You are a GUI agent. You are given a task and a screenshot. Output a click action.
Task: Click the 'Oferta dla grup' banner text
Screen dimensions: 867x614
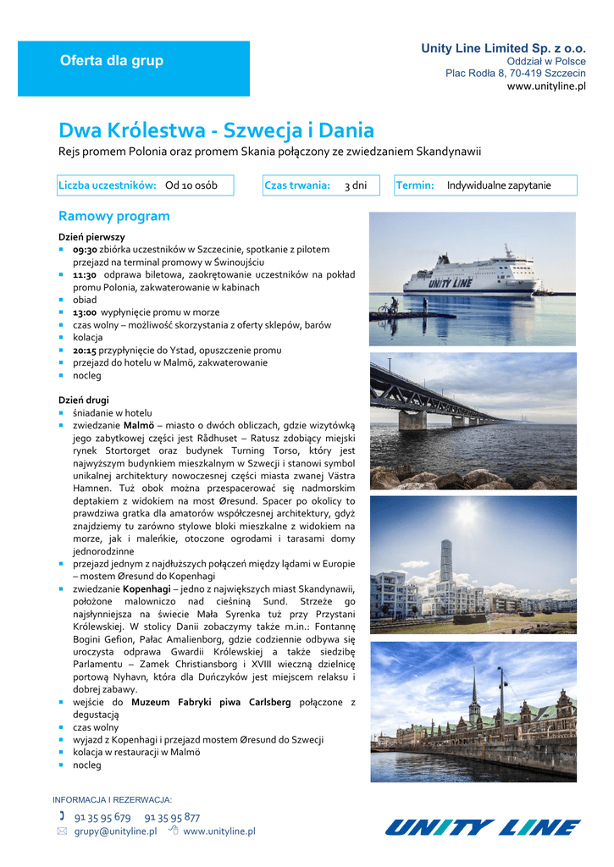111,61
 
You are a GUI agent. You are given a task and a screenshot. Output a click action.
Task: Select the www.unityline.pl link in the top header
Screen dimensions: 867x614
546,86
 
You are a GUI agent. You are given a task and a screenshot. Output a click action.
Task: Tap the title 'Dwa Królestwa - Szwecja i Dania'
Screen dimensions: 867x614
216,130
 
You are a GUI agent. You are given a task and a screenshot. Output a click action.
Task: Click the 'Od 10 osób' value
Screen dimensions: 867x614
191,185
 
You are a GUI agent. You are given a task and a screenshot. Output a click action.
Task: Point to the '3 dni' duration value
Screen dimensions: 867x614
356,185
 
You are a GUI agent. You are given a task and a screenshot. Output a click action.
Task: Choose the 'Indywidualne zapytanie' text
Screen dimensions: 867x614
499,185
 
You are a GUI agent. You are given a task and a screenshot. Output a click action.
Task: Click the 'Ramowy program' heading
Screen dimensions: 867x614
113,216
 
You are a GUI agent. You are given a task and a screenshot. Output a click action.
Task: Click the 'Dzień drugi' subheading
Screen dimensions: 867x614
84,400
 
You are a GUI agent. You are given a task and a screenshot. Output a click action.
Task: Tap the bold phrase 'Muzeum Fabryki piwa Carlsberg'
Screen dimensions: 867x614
211,702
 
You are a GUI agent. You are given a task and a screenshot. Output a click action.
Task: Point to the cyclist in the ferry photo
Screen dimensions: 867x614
392,305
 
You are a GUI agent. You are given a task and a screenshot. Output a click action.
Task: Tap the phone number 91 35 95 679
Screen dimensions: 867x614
102,817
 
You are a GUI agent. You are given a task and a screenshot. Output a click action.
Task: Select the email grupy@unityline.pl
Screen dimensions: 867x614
115,831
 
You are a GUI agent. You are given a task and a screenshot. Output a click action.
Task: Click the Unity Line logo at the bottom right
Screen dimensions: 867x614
483,826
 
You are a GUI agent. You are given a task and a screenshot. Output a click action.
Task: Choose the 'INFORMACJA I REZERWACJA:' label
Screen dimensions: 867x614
112,800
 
